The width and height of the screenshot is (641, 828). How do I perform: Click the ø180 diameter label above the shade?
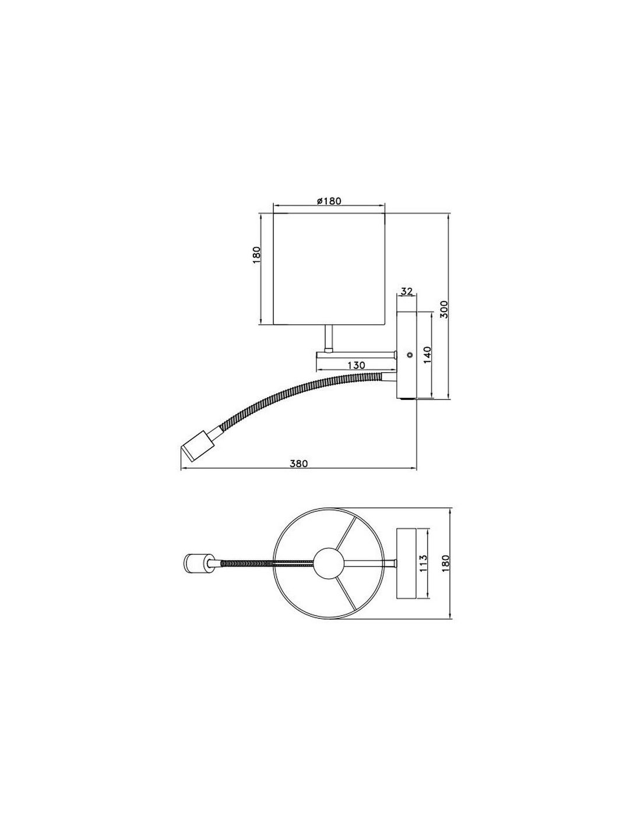329,201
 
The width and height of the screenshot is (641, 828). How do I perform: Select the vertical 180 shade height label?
256,256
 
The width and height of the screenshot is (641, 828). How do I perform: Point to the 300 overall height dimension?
444,308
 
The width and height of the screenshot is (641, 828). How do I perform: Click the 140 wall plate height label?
427,355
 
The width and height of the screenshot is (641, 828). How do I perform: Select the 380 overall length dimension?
298,463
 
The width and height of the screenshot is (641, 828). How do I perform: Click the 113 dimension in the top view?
424,564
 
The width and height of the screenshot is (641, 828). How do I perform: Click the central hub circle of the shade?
327,562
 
